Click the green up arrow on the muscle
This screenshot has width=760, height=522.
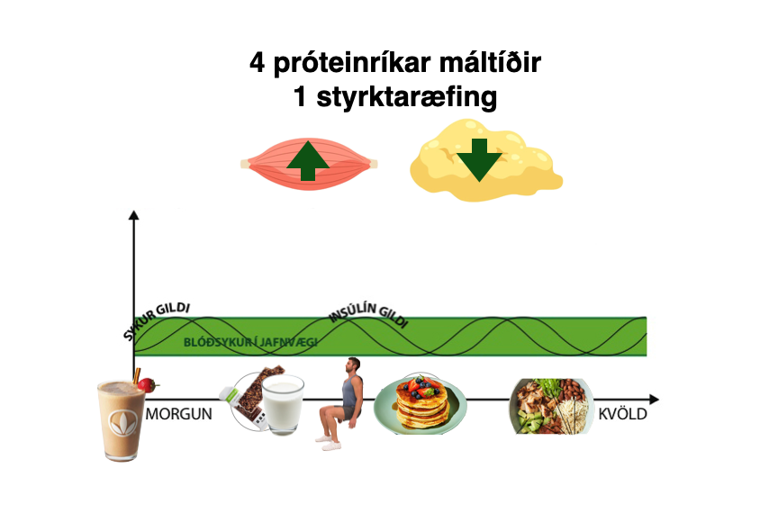click(308, 162)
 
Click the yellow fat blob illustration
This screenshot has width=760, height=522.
click(486, 162)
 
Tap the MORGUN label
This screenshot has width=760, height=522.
click(179, 415)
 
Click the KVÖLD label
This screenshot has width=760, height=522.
click(622, 415)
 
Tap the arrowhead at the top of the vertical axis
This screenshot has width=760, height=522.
click(134, 214)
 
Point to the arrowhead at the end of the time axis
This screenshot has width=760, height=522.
click(654, 399)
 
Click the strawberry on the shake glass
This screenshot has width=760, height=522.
click(147, 385)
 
